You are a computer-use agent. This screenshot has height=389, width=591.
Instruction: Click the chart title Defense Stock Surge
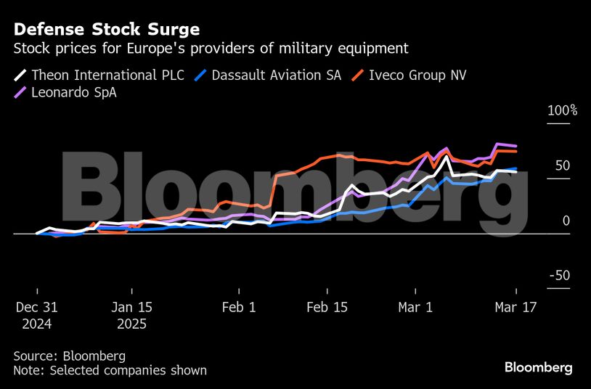[x=107, y=30]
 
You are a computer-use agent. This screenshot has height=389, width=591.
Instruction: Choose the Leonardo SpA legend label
[x=73, y=92]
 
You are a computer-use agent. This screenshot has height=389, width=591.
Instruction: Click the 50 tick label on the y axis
[x=563, y=165]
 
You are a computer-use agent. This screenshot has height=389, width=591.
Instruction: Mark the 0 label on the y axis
[x=566, y=221]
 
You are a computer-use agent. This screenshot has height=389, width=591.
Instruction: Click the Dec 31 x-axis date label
[x=37, y=307]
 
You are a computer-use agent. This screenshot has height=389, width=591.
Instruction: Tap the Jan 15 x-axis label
[x=131, y=307]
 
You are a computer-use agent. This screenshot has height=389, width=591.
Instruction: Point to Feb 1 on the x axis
[x=238, y=307]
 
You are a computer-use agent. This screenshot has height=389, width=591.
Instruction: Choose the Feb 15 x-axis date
[x=327, y=307]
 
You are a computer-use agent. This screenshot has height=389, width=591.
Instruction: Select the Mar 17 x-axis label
[x=515, y=307]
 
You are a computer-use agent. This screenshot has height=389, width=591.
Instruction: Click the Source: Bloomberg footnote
[x=69, y=356]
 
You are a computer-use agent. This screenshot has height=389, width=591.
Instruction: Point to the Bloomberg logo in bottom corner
[x=538, y=367]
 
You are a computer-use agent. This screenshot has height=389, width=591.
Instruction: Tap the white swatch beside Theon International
[x=20, y=74]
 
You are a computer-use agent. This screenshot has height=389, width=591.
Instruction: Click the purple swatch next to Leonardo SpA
[x=20, y=92]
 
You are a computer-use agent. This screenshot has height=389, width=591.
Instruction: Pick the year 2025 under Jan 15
[x=131, y=324]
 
